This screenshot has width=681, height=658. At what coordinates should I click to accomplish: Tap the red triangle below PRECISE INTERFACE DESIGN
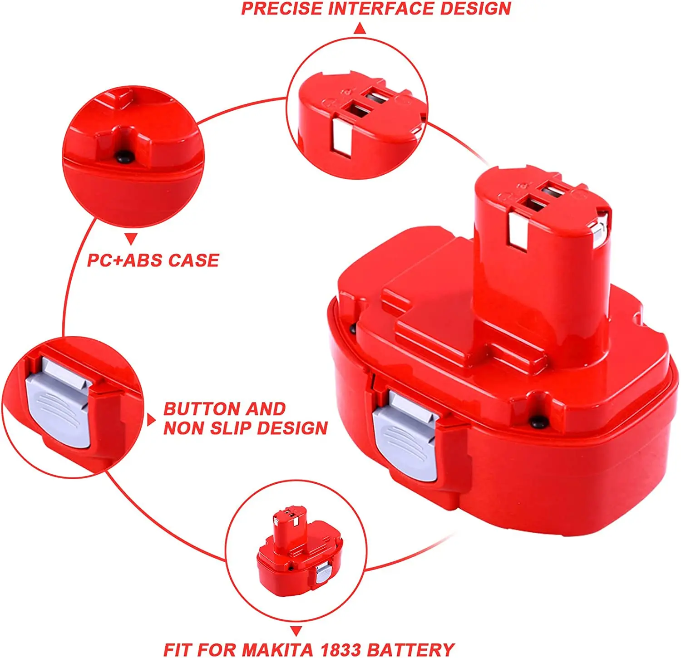point(360,29)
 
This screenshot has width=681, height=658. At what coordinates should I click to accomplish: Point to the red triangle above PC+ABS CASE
point(131,239)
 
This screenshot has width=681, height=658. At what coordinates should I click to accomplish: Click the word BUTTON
point(197,409)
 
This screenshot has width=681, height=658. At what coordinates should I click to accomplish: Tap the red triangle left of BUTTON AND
point(151,419)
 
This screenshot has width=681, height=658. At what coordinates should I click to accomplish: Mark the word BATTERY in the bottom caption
point(410,649)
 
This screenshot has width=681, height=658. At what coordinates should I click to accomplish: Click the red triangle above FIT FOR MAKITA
point(296,631)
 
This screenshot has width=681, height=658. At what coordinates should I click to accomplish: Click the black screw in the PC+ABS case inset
point(124,157)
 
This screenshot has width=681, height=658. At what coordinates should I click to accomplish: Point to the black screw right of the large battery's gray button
point(538,422)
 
